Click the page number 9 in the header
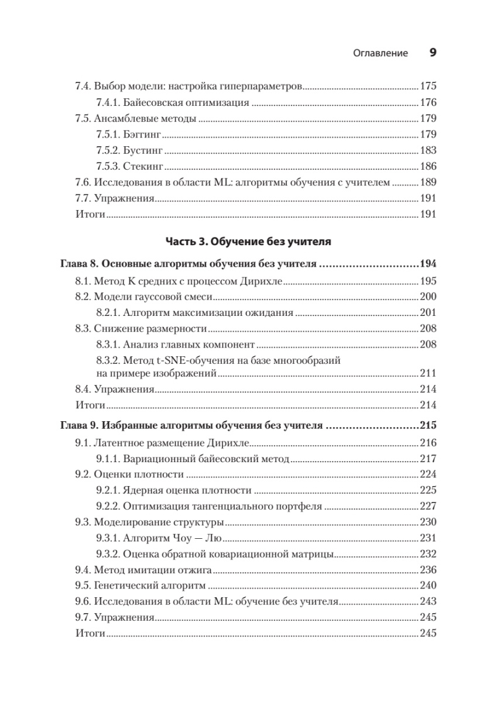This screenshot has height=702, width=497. (433, 53)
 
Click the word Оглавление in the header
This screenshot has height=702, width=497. (381, 53)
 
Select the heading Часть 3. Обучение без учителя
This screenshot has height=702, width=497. (248, 241)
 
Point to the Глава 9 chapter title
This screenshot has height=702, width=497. (193, 425)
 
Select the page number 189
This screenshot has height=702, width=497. (429, 183)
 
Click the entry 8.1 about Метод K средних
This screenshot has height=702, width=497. (179, 281)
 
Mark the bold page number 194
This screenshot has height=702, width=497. (429, 264)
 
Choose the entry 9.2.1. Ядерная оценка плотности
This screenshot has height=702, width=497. (174, 490)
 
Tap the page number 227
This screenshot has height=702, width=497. (429, 506)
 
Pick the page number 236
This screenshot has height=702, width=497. (429, 570)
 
